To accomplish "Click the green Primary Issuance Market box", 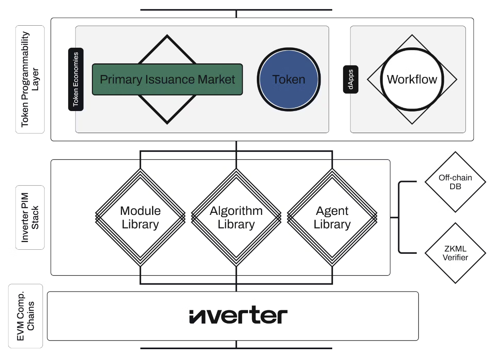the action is (x=167, y=79).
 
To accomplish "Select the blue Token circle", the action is (x=289, y=79).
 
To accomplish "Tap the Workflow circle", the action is (x=412, y=79).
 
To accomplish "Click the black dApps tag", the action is (x=351, y=79).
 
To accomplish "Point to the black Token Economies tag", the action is (x=76, y=79).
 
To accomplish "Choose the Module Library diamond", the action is (x=140, y=217).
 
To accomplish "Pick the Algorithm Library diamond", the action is (x=236, y=217).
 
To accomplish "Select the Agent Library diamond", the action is (x=332, y=217).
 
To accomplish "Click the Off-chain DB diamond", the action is (x=455, y=182).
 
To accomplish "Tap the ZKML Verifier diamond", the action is (x=455, y=253).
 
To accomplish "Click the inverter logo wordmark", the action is (x=238, y=315).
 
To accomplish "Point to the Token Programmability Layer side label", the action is (x=30, y=79).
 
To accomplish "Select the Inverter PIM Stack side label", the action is (x=30, y=217).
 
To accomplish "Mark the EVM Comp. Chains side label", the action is (x=26, y=316).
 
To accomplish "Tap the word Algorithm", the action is (x=236, y=211).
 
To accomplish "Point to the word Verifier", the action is (x=455, y=258).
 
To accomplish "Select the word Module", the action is (x=140, y=211).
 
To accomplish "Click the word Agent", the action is (x=332, y=211).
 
